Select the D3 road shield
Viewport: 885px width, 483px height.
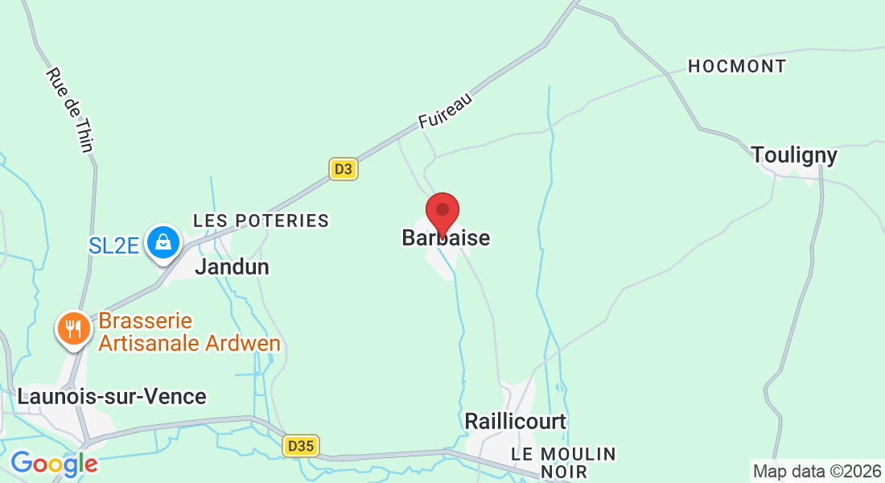point(344,169)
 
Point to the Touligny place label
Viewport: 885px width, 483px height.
point(794,155)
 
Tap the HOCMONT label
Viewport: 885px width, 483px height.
point(737,67)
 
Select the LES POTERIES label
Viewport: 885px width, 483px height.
point(261,221)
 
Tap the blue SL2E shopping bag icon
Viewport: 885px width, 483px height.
point(163,242)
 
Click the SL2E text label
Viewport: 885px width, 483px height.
point(113,243)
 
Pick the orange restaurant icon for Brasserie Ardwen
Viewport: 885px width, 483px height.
point(73,328)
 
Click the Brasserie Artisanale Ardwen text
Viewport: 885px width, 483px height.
point(189,332)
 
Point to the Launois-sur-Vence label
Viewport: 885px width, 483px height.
point(112,397)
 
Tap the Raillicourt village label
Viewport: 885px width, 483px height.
point(515,421)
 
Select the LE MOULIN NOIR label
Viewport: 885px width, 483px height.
point(563,463)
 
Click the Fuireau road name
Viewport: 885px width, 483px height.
point(444,111)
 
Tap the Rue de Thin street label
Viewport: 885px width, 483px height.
point(71,109)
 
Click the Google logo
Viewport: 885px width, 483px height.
point(54,464)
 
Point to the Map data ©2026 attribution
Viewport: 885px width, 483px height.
point(817,472)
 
